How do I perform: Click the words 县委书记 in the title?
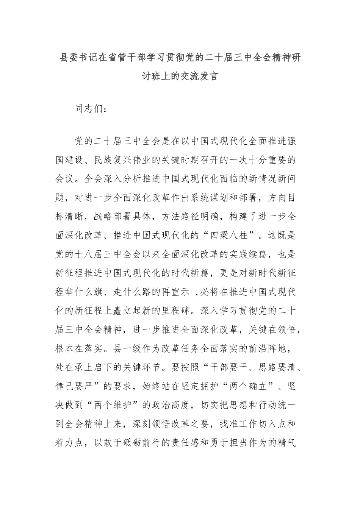79,58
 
